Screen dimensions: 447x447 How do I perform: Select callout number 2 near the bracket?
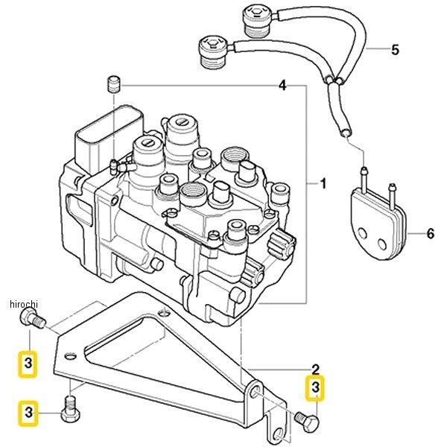click(x=315, y=369)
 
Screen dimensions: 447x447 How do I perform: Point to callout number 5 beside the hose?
click(x=395, y=51)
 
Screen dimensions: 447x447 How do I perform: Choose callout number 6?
click(x=430, y=233)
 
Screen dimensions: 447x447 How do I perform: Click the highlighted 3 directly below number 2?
click(x=315, y=387)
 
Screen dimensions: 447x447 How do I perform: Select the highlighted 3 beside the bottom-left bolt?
click(x=28, y=411)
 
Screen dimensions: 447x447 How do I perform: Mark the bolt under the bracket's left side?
click(x=70, y=410)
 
